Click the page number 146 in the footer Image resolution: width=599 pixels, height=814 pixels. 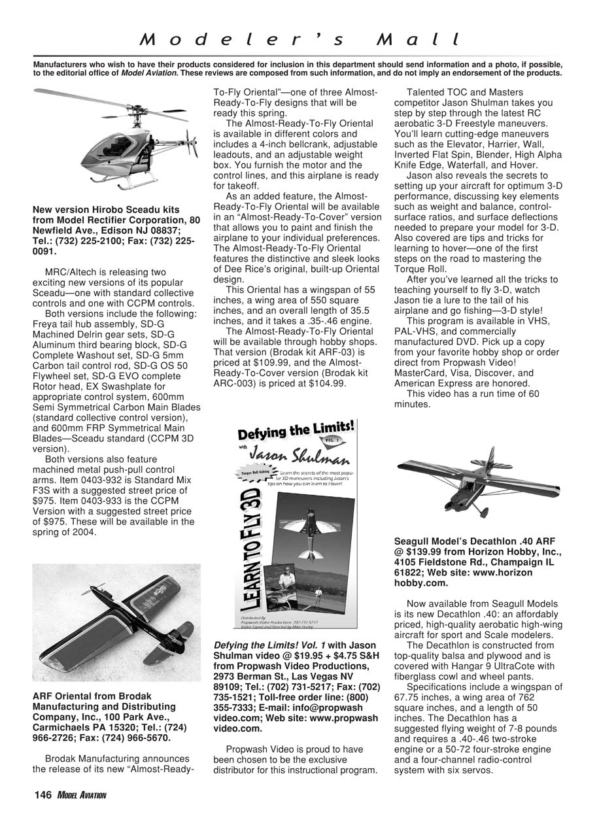pos(43,794)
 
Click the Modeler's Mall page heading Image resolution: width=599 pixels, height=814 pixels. pos(300,39)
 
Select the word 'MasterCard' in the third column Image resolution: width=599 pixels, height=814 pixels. pos(421,373)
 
